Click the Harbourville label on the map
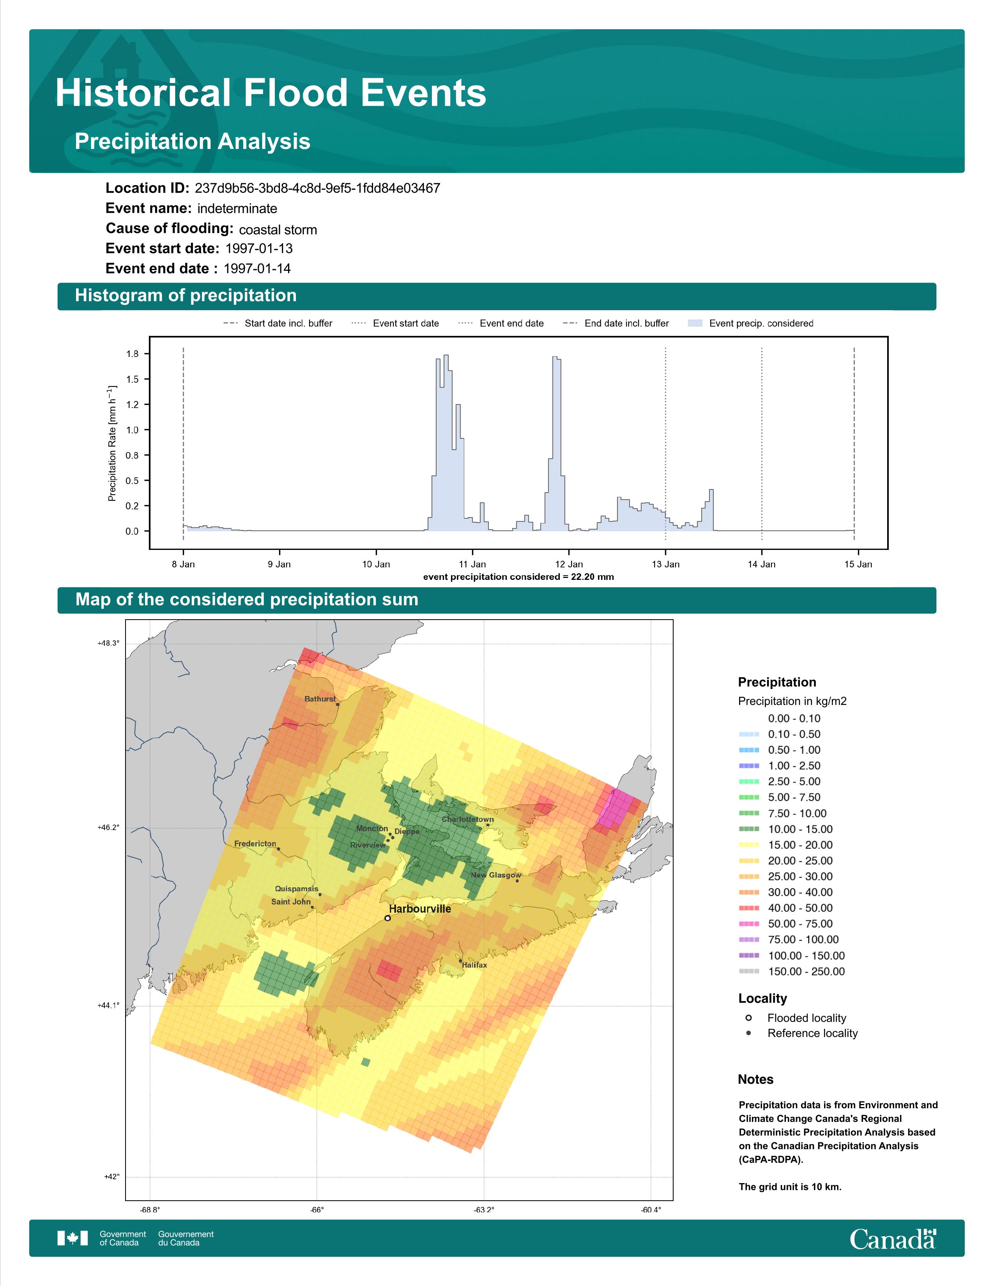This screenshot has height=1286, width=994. [420, 908]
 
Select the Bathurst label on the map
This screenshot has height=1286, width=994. [320, 699]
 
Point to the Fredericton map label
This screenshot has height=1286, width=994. [255, 844]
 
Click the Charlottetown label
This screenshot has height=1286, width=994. [467, 819]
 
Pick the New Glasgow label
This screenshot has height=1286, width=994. [496, 875]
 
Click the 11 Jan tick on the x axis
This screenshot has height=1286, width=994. [472, 564]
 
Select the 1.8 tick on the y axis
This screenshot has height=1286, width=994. [133, 354]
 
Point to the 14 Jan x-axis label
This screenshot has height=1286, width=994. [761, 564]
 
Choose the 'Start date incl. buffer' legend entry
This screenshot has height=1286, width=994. [278, 323]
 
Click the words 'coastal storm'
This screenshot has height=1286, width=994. [278, 230]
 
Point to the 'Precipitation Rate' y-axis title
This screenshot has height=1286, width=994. [112, 443]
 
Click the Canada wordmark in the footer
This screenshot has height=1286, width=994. [893, 1239]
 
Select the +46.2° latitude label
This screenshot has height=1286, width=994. [108, 827]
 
